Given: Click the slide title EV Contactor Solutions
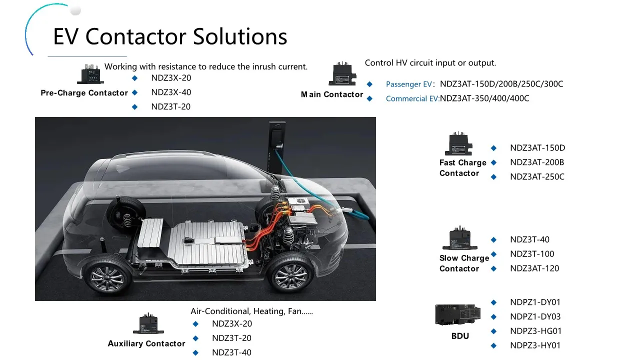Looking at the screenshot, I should [170, 36].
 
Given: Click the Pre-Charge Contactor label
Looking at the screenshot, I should [84, 93].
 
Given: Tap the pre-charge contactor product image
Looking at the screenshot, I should [90, 74].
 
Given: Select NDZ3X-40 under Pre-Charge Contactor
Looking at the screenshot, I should [171, 92].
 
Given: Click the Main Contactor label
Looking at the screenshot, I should [332, 94].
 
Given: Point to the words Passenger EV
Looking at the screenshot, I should [408, 84].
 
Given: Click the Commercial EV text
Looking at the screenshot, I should [412, 99].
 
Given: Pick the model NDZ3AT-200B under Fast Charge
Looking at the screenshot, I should [537, 162].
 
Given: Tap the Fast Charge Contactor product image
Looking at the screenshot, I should [458, 145].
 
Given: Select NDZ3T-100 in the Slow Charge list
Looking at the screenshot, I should [532, 254].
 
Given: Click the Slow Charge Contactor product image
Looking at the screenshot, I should [460, 238].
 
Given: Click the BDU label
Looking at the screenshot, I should [460, 336].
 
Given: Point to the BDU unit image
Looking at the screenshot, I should [459, 315].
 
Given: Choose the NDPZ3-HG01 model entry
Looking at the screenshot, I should [535, 331].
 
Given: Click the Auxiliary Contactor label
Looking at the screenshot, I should [146, 343].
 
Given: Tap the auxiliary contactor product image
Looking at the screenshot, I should [148, 324].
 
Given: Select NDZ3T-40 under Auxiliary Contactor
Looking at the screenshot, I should [231, 352].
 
